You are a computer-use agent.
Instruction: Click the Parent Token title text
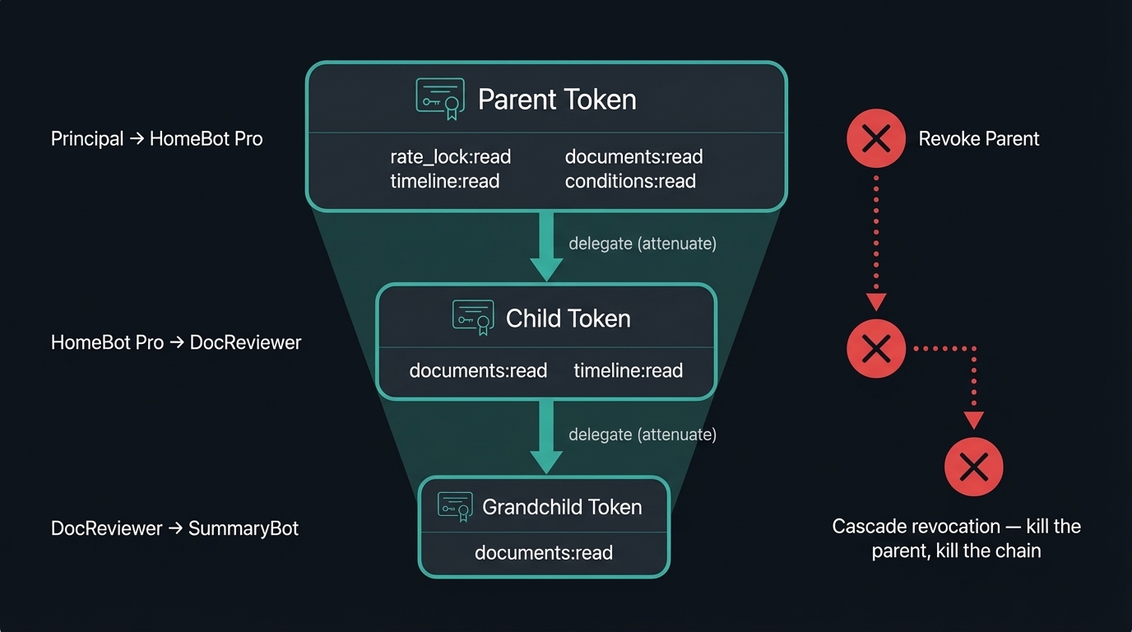(557, 100)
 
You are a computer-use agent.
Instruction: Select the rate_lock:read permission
(450, 156)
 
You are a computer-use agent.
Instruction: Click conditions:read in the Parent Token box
(630, 181)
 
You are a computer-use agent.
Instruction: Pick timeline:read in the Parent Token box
(444, 181)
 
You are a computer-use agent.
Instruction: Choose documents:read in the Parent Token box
(633, 156)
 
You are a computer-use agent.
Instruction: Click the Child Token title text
(568, 318)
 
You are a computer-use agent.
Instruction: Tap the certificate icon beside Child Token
(473, 318)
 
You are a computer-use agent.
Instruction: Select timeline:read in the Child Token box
(628, 371)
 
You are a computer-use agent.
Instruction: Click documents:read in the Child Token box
(478, 371)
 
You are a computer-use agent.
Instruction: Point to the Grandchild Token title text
(562, 507)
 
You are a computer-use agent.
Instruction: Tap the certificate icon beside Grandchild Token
(455, 507)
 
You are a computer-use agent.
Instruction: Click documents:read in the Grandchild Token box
(543, 553)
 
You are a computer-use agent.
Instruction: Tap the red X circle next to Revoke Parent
(876, 138)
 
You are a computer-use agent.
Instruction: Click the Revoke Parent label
(978, 138)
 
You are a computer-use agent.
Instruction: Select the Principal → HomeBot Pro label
(156, 139)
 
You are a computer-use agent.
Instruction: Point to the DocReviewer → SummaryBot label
(174, 528)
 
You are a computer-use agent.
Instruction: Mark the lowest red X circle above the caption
(973, 467)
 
